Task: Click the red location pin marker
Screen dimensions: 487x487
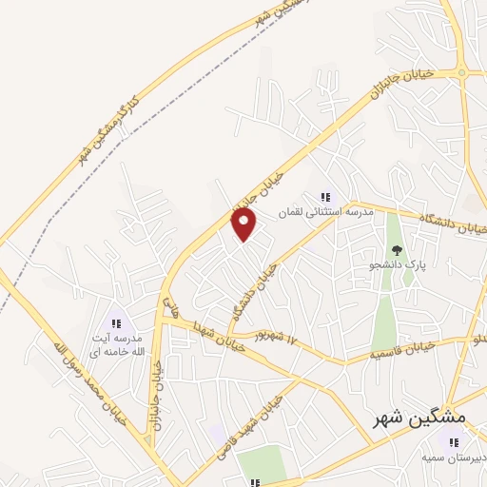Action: coord(245,224)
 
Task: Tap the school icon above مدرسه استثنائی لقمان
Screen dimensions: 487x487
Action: coord(325,197)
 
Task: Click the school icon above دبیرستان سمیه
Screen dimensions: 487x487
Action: coord(453,441)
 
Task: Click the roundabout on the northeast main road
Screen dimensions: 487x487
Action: coord(462,72)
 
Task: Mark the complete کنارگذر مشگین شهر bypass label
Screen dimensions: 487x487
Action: coord(104,127)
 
